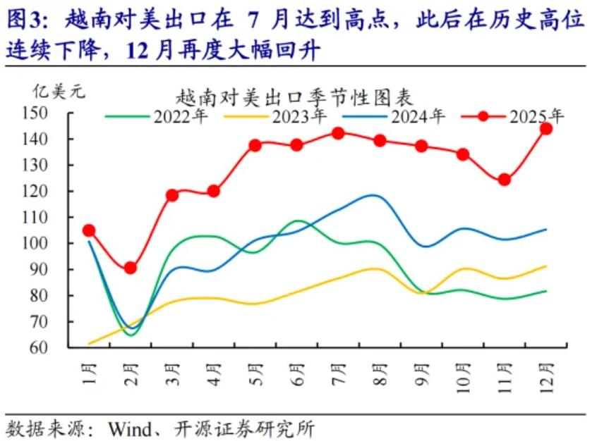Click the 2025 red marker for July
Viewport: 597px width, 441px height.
point(338,133)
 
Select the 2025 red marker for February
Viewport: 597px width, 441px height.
point(131,268)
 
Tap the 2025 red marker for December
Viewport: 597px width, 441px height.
point(545,129)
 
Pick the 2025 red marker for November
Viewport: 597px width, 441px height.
point(504,180)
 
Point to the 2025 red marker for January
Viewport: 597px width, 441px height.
point(89,230)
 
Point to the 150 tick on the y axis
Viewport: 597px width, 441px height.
point(54,113)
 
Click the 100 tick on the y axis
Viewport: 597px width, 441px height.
point(54,244)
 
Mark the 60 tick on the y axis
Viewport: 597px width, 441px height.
point(57,348)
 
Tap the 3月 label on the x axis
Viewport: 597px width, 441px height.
point(171,371)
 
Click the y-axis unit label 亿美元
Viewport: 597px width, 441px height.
point(56,92)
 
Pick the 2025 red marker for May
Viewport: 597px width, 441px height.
point(255,145)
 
